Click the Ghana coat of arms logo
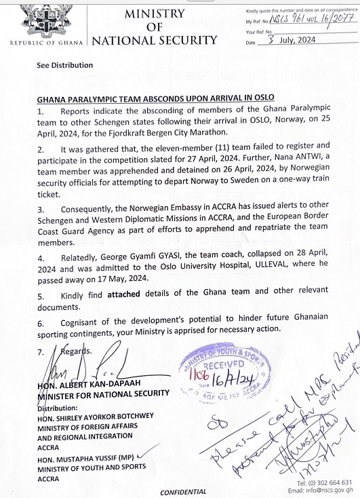[x=45, y=20]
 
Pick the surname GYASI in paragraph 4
[x=165, y=257]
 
